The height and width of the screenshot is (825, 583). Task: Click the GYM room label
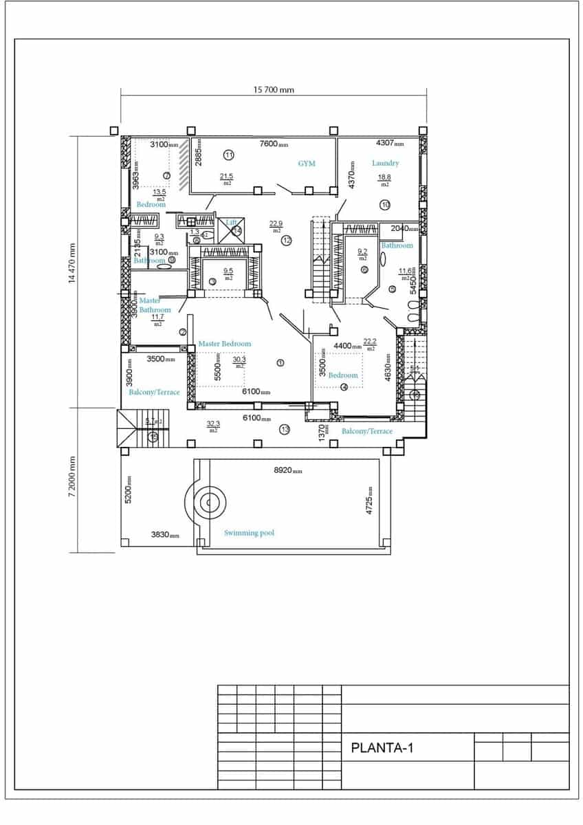[x=307, y=164]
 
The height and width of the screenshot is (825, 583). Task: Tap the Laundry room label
[x=385, y=163]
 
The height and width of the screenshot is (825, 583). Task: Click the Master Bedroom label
[x=224, y=343]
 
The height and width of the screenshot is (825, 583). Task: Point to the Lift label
[x=232, y=223]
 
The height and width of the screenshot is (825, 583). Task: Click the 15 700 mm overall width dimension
[x=274, y=90]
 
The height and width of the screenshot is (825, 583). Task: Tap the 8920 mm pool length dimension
[x=287, y=471]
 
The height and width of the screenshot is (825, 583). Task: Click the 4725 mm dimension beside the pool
[x=369, y=500]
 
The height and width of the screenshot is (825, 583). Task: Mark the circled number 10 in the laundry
[x=384, y=204]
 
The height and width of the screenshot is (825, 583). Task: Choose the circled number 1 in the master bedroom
[x=280, y=362]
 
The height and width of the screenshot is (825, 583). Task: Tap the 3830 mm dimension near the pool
[x=164, y=535]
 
